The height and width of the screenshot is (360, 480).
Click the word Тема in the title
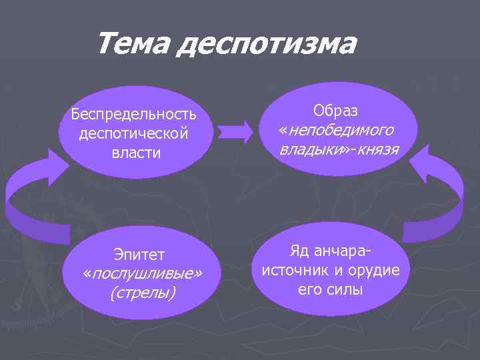tap(134, 45)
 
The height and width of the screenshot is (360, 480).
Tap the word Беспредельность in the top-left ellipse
tap(134, 115)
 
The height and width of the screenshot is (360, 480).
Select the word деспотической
tap(134, 133)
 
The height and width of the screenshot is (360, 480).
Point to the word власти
tap(134, 153)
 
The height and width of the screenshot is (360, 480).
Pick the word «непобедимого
tap(336, 129)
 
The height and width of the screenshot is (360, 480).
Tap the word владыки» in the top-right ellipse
tap(312, 149)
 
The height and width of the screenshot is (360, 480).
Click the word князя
tap(377, 149)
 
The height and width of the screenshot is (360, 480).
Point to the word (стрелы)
tap(141, 293)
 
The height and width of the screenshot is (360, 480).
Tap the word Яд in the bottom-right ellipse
tap(300, 251)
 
